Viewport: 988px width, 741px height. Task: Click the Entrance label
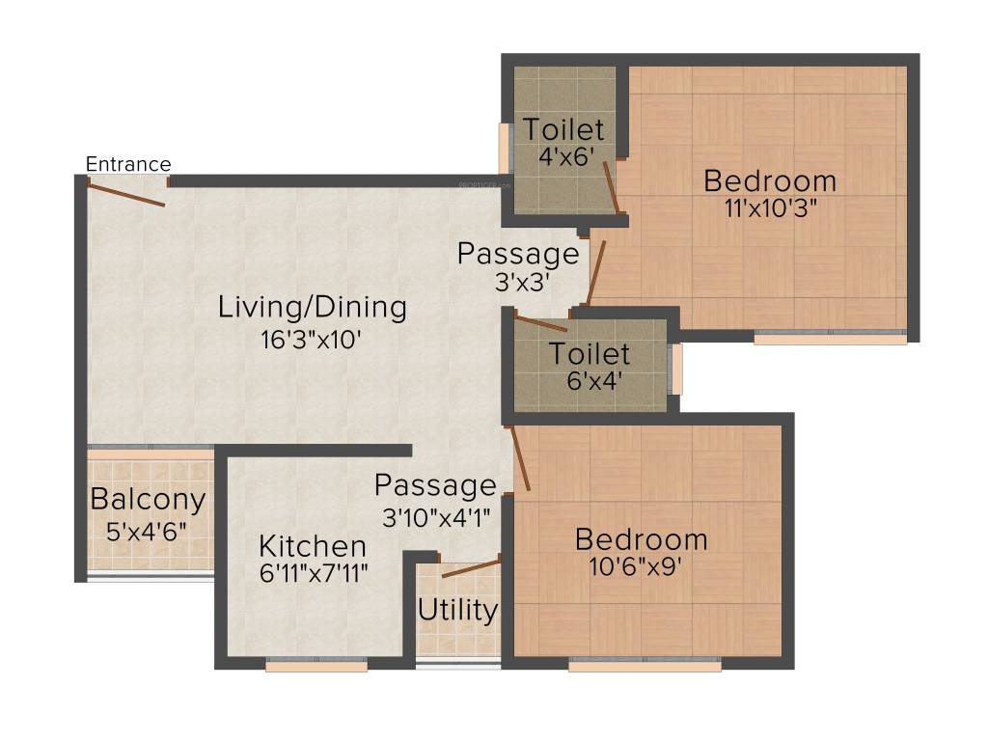point(128,164)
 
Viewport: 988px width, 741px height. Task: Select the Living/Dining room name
point(313,309)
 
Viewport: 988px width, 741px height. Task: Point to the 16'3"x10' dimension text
point(311,340)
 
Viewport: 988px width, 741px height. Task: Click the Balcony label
point(148,501)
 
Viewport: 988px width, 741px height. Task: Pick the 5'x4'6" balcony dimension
point(147,532)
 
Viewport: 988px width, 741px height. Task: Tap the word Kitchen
point(313,546)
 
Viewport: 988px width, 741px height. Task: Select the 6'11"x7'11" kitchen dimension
point(314,573)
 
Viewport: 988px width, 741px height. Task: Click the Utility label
point(457,610)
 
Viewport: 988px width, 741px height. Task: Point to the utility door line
point(471,568)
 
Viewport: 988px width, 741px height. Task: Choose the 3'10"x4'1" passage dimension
point(436,518)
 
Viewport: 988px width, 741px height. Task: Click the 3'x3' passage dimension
point(523,283)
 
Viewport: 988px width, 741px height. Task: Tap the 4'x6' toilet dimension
point(566,156)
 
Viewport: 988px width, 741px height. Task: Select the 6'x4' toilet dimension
point(594,380)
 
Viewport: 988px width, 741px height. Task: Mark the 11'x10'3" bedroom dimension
point(771,207)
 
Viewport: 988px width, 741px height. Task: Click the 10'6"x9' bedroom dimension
point(635,566)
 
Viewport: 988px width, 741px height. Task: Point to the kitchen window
point(316,666)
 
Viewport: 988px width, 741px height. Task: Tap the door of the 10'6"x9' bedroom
point(520,458)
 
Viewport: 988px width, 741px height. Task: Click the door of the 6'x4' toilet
point(541,323)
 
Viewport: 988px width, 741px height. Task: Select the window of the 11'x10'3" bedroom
point(831,338)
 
